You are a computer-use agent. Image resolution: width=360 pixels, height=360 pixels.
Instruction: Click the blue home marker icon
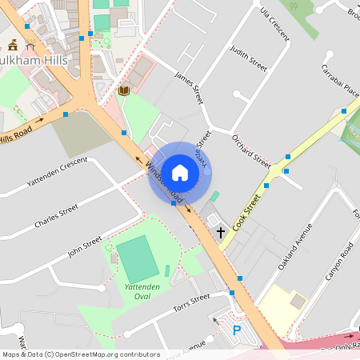coord(180,172)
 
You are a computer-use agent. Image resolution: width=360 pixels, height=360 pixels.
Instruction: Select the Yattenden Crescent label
coord(56,173)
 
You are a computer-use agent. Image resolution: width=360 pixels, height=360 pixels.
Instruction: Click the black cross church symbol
coord(221,232)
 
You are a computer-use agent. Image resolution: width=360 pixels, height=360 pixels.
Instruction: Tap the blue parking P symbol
coord(236,330)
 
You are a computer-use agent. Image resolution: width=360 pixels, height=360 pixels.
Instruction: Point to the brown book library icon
coord(123,91)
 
